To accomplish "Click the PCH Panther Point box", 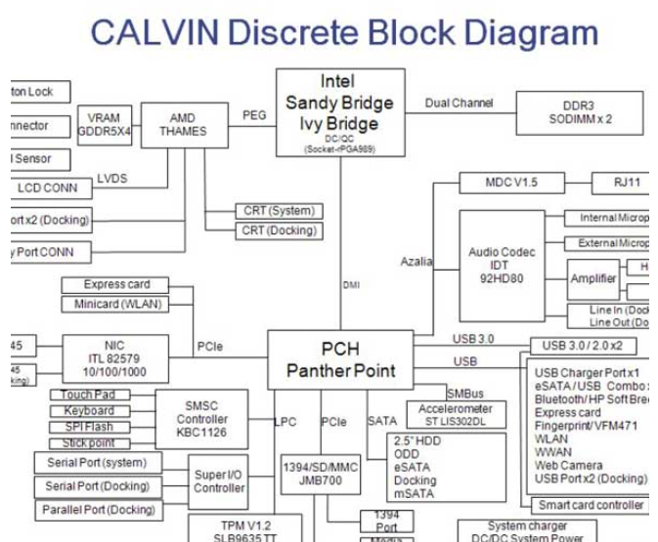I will tap(340, 359).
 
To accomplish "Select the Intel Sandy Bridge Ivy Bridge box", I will tap(339, 111).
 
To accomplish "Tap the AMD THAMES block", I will tap(183, 125).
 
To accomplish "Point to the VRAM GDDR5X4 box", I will tap(104, 125).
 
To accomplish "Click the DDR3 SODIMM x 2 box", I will tap(580, 112).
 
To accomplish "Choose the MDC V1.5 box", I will tap(511, 183).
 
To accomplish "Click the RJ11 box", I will tap(619, 183).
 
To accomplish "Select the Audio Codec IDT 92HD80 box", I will tap(502, 265).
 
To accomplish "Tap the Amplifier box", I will tap(593, 279).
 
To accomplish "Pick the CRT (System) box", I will tap(278, 211).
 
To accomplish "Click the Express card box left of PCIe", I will tap(116, 285).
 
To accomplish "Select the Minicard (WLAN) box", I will tap(116, 304).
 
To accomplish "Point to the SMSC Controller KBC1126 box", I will tap(200, 419).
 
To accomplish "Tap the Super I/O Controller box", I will tap(219, 481).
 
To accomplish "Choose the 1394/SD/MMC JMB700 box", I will tap(320, 475).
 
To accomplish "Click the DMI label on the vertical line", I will tap(352, 285).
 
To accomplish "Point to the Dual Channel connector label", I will tap(460, 103).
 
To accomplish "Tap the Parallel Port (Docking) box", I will tap(99, 510).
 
